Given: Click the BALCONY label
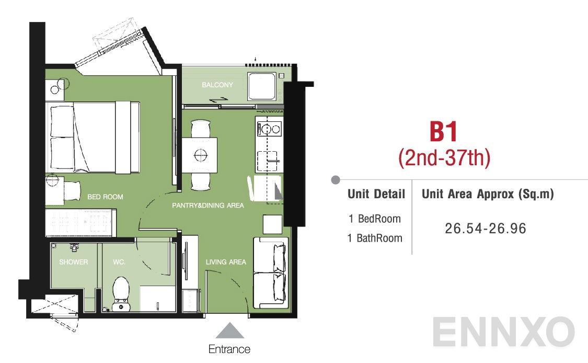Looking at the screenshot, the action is coord(217,85).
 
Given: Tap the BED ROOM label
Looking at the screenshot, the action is coord(105,197).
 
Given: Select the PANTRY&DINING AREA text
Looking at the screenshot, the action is coord(207,206).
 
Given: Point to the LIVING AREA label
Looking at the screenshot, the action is coord(226,262).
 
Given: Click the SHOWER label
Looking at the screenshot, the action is coord(74,262).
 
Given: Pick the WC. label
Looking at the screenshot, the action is coord(119,262).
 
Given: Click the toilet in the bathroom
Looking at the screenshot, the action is coord(121,294).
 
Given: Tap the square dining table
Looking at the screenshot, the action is coord(200,155).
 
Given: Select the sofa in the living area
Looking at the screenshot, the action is coord(271,273).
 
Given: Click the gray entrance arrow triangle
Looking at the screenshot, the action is coord(229,331).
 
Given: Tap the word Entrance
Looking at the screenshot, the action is coord(229,349).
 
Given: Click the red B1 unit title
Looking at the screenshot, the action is coord(444,131).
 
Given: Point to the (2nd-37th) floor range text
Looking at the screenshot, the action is coord(444,157).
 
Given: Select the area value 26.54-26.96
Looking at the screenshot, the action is coord(486,228).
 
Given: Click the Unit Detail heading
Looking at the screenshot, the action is coord(376,194).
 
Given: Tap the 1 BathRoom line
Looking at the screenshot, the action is coord(375,238).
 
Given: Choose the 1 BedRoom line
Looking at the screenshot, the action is coord(374,219).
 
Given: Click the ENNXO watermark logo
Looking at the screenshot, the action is coord(503,332).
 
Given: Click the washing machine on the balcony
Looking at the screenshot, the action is coord(261,86).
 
